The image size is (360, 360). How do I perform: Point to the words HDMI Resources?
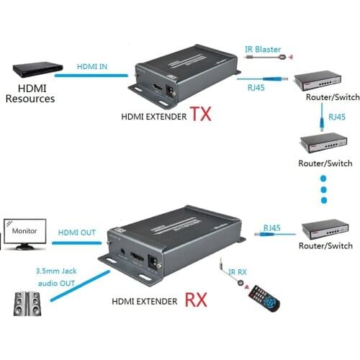[x=30, y=93]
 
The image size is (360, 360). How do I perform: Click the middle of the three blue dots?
[x=323, y=192]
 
